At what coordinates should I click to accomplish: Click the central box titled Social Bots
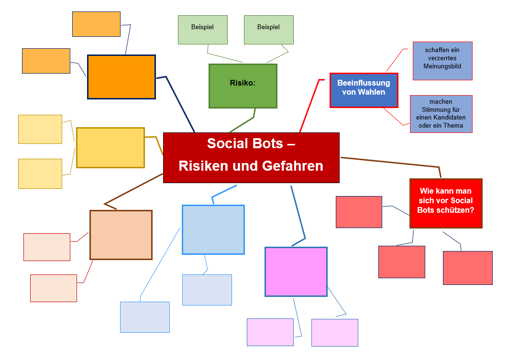click(x=251, y=157)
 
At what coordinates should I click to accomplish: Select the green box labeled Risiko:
click(x=243, y=86)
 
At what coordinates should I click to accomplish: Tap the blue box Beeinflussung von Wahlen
click(x=364, y=90)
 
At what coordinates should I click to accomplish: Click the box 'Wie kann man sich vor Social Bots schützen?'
click(x=446, y=203)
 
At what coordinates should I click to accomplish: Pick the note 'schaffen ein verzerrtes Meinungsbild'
click(x=442, y=60)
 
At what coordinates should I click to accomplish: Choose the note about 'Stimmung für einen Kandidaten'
click(x=441, y=114)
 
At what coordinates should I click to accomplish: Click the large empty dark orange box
click(x=121, y=77)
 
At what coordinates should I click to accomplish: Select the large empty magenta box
click(x=296, y=272)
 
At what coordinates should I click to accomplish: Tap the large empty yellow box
click(x=110, y=148)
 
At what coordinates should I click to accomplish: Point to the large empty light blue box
click(x=213, y=229)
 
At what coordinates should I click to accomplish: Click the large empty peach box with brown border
click(x=121, y=235)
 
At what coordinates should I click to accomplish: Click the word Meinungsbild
click(x=442, y=66)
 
